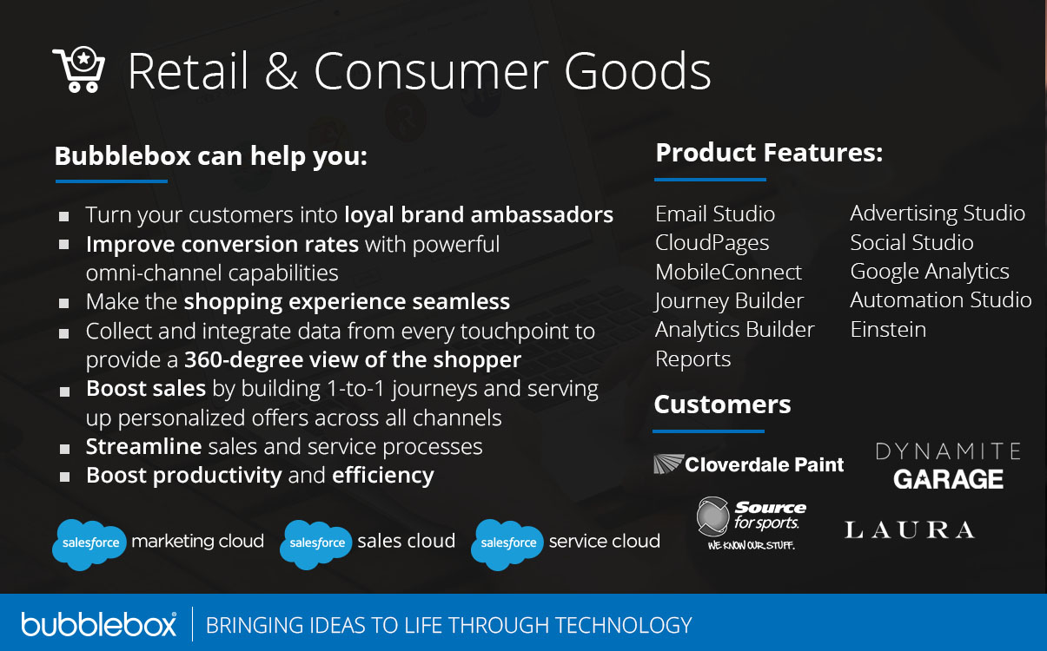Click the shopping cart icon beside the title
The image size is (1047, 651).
coord(79,70)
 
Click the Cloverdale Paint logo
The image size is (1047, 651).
coord(748,464)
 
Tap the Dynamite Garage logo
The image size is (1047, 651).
coord(947,466)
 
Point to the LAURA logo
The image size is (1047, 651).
coord(909,529)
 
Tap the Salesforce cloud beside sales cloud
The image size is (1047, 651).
coord(316,543)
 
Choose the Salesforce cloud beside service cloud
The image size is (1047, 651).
coord(507,543)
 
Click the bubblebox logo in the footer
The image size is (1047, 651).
coord(99,624)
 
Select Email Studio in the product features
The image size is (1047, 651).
coord(714,214)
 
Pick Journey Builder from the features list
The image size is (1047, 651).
coord(729,300)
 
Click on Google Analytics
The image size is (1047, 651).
coord(929,272)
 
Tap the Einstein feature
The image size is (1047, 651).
coord(887,330)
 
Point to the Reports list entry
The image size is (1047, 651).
coord(692,358)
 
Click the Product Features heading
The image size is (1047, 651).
coord(768,153)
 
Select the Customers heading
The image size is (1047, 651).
coord(722,404)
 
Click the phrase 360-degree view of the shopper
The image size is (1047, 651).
coord(365,359)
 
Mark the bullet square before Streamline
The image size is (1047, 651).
coord(65,449)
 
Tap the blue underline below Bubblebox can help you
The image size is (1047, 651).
coord(111,181)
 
